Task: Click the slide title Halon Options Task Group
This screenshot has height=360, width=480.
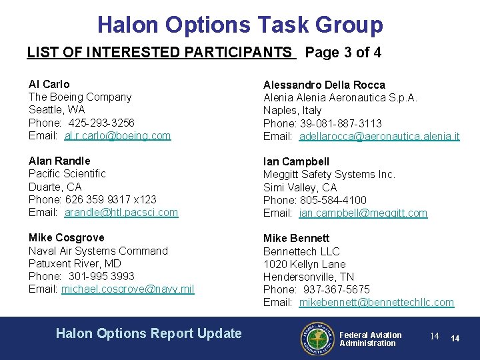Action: pos(240,25)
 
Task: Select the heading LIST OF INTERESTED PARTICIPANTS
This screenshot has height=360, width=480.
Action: pos(160,53)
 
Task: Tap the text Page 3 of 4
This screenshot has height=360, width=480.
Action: pos(343,53)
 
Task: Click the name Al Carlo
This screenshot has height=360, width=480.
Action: pos(49,84)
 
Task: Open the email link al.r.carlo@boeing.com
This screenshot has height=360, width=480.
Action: pos(117,135)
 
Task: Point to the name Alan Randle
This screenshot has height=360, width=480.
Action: pos(59,161)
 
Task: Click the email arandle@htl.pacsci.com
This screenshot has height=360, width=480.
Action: pos(121,212)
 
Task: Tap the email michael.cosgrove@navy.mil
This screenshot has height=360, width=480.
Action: pos(128,289)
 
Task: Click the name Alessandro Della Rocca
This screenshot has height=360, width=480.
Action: pos(324,85)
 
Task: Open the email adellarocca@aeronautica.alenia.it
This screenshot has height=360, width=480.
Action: pos(379,136)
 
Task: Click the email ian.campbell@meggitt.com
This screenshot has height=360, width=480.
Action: pos(363,213)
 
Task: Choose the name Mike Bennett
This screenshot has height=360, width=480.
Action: pos(296,238)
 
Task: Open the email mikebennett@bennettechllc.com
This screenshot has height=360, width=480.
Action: pos(377,302)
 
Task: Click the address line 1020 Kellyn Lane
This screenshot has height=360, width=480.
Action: pos(304,264)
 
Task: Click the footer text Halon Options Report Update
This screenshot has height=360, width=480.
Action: pos(149,333)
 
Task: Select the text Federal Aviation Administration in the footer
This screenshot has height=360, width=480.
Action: pos(370,339)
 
